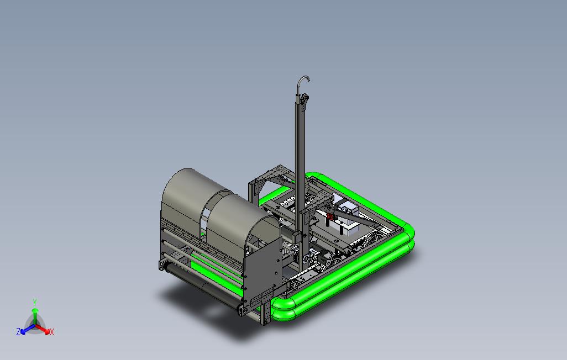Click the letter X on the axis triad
coord(52,332)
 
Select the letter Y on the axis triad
coord(35,302)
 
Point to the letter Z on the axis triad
coord(18,331)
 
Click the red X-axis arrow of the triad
coord(43,329)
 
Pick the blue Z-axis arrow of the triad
coord(28,329)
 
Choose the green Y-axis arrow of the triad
coord(35,316)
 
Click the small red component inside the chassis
coord(330,216)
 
